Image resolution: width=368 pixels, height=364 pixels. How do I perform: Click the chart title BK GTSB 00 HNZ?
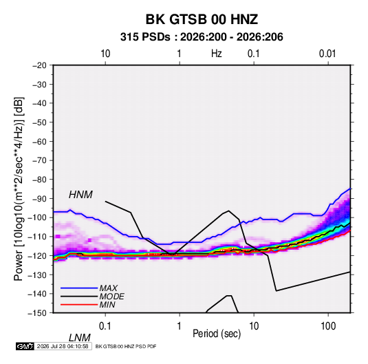(x=202, y=19)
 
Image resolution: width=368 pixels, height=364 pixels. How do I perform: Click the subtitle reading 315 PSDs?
(x=145, y=37)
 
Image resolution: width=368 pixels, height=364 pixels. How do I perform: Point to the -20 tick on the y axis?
(x=39, y=65)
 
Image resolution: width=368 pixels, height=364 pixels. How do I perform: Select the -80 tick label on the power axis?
(x=39, y=180)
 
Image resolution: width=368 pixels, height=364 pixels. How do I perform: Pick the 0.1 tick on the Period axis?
(x=105, y=325)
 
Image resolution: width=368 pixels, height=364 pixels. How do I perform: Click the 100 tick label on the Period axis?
(x=328, y=325)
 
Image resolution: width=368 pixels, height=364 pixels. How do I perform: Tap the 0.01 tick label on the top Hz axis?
(x=327, y=54)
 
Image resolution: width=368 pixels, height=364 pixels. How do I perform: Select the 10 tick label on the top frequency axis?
(x=105, y=54)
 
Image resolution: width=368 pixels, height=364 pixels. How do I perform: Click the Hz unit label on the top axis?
(x=217, y=54)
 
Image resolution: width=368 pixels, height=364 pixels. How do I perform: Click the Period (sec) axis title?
(x=217, y=334)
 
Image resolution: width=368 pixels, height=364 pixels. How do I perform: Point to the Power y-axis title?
(x=19, y=189)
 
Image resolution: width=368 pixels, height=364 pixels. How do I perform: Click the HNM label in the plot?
(x=80, y=195)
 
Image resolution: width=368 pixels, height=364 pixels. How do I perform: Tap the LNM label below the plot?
(x=80, y=338)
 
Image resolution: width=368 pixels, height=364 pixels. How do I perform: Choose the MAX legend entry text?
(x=109, y=288)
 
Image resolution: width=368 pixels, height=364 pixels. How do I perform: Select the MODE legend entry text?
(x=111, y=297)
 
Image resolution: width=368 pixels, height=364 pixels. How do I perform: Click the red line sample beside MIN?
(x=79, y=305)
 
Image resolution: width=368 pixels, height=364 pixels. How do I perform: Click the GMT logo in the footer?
(x=25, y=346)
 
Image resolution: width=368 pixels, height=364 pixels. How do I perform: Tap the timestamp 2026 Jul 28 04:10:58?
(x=63, y=346)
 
